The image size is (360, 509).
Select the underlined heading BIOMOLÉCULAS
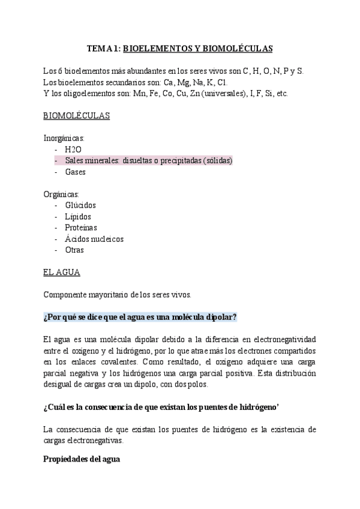tap(77, 116)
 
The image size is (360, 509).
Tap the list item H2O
tap(73, 149)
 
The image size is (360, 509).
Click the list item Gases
tap(76, 172)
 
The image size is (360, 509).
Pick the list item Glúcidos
tap(80, 205)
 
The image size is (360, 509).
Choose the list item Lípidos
tap(79, 217)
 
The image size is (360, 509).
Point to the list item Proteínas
tap(81, 228)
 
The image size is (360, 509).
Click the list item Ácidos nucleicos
tap(94, 239)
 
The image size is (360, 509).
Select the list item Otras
tap(74, 250)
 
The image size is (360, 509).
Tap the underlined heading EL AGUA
tap(62, 273)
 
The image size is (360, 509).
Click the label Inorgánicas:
tap(64, 138)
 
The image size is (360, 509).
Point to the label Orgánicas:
tap(61, 194)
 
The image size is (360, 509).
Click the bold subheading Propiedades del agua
tap(82, 459)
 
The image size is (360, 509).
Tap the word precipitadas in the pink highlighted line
tap(180, 161)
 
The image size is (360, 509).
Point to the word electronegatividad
tap(277, 339)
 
